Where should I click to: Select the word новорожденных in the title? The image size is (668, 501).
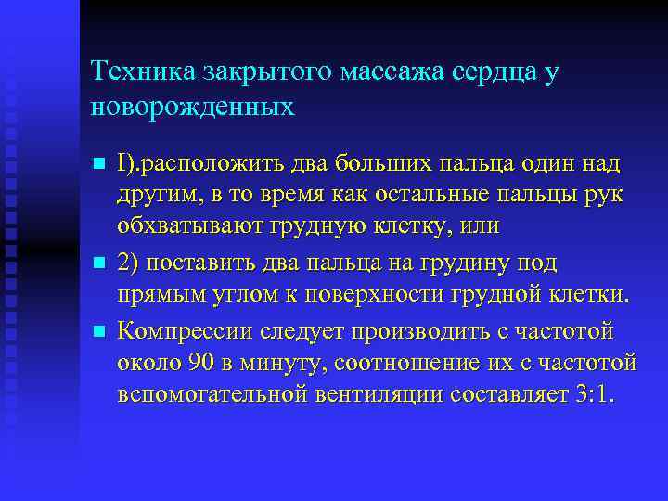(193, 108)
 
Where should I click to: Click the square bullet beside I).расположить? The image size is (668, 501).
(99, 165)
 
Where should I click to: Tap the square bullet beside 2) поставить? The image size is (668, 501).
(99, 265)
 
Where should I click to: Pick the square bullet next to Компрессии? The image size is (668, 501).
(99, 331)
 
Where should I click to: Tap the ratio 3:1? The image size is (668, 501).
(594, 395)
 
